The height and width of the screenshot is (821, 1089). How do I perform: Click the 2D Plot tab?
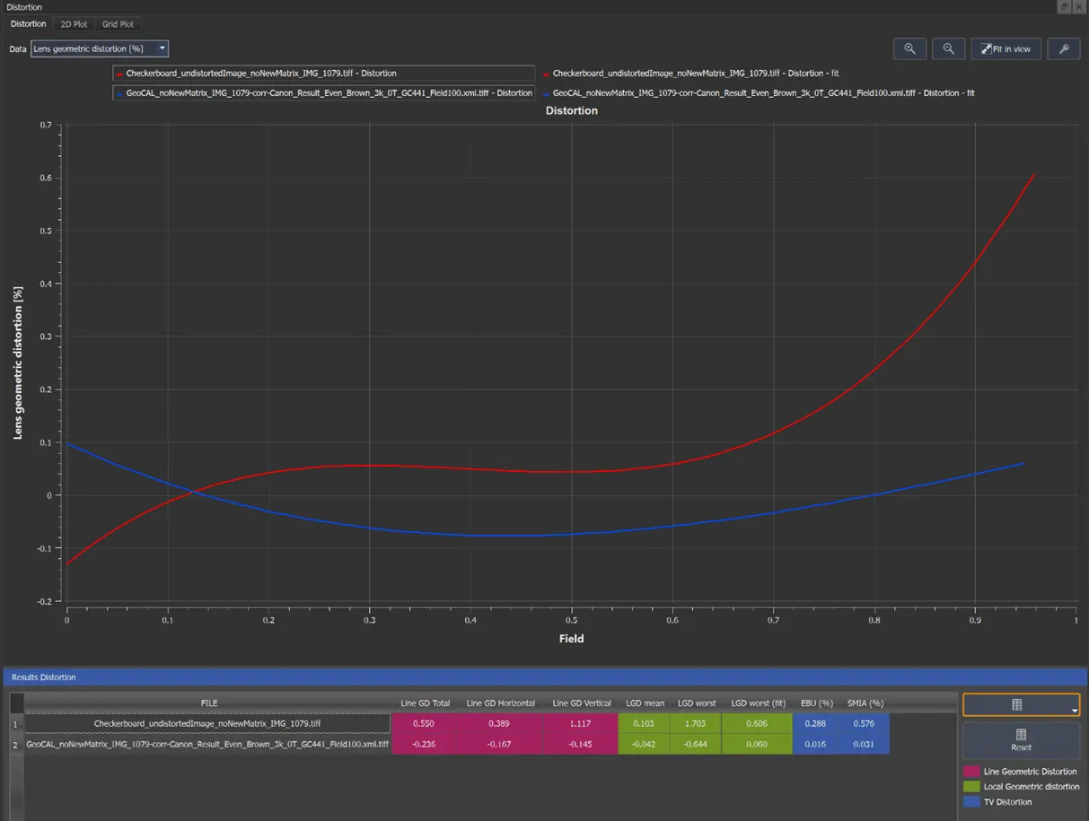74,24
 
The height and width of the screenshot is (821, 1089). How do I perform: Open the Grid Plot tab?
118,24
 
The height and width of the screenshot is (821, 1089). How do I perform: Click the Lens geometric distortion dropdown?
100,48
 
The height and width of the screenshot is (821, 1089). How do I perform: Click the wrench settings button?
1063,48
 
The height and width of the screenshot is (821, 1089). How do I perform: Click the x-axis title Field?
572,639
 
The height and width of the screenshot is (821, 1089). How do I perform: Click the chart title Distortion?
572,110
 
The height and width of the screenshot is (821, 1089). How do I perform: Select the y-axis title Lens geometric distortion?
18,362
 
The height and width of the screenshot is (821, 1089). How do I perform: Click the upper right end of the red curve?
1034,174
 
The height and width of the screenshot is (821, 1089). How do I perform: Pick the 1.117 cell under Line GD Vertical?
581,724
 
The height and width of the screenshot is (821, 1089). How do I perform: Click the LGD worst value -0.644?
695,744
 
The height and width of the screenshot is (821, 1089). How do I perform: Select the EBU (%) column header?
817,703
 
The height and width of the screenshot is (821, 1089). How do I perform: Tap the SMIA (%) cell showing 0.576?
864,724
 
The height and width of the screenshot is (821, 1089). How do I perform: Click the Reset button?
1021,740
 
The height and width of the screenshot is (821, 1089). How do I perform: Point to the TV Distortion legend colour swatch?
971,801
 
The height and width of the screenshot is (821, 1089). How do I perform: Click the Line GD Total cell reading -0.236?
424,744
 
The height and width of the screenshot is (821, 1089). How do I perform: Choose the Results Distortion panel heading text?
44,677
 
